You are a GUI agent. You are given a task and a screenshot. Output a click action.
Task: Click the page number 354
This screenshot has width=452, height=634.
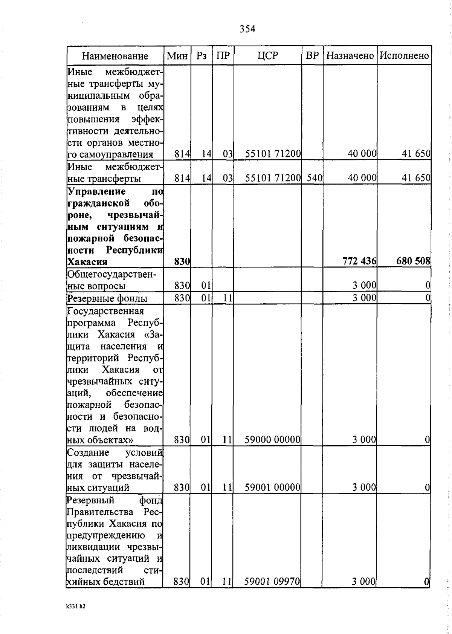247,29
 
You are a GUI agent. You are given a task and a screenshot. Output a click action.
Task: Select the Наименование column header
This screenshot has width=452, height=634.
115,56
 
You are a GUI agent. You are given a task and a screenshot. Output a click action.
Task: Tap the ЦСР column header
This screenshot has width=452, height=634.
268,56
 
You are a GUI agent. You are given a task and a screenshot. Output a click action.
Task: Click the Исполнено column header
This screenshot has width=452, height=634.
404,56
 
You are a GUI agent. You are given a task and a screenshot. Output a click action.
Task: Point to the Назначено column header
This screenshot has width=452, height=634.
350,56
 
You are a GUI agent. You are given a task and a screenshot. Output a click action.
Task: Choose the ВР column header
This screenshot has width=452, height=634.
312,56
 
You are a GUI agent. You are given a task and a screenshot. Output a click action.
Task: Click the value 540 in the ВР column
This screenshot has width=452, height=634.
314,178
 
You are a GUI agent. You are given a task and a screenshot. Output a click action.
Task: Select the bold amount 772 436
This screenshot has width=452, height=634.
359,261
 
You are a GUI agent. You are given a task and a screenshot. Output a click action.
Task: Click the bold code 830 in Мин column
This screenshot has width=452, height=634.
182,261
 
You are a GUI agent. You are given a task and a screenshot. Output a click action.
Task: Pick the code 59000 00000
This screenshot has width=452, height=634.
272,440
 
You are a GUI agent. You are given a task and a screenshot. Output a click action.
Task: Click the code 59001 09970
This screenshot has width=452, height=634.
272,582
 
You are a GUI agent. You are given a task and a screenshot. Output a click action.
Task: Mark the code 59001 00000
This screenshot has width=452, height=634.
272,487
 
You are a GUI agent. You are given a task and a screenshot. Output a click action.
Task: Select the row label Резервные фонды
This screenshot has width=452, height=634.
107,298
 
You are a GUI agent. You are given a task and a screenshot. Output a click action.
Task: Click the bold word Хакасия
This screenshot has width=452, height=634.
87,262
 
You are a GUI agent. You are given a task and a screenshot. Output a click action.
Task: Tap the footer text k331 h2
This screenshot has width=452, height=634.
75,607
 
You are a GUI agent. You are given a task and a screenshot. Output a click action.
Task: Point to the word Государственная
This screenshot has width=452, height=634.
106,311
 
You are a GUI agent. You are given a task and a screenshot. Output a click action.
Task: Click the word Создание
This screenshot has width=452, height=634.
88,452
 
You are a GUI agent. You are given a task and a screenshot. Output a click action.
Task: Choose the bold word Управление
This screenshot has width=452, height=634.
97,191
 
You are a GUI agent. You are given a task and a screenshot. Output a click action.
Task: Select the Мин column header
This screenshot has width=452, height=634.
177,56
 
